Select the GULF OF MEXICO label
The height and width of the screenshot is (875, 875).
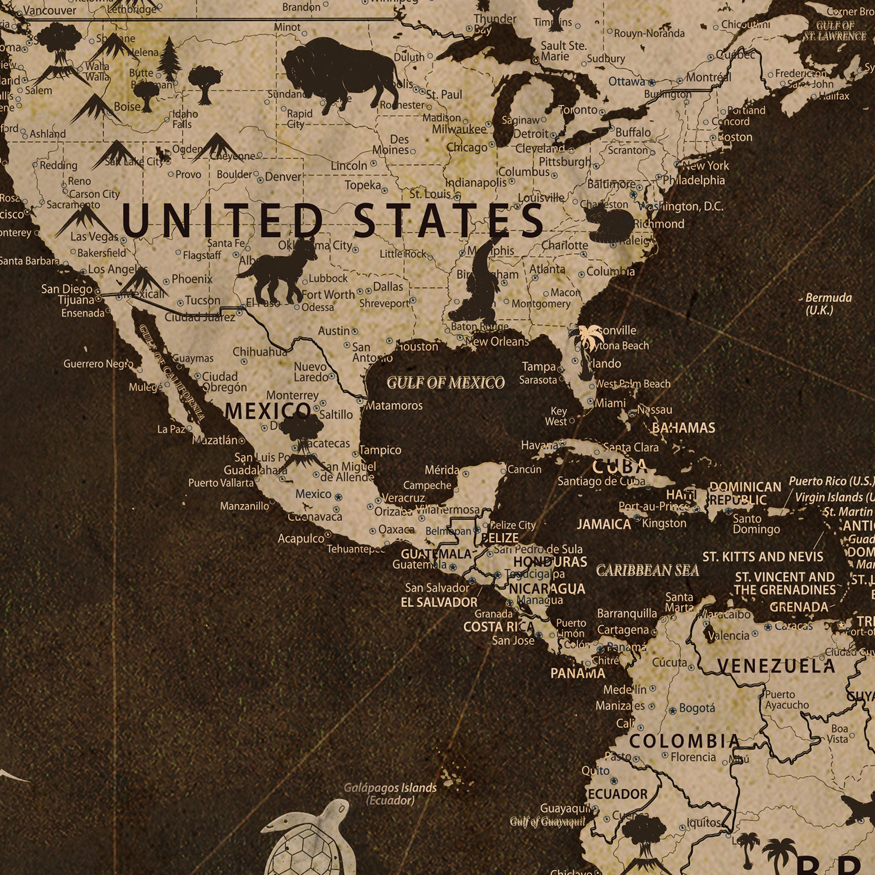[x=446, y=383]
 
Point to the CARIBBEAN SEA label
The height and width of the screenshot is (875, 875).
[x=647, y=570]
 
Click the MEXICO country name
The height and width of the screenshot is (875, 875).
[x=267, y=411]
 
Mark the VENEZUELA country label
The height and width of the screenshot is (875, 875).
[x=776, y=666]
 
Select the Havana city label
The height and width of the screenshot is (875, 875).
[x=539, y=446]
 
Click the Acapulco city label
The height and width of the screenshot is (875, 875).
[x=301, y=539]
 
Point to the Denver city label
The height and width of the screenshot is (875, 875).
[x=283, y=177]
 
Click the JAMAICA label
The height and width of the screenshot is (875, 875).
[x=603, y=525]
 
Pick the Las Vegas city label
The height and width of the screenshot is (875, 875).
[x=94, y=236]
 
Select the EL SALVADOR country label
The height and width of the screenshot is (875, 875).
[x=439, y=602]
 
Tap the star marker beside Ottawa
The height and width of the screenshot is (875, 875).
[x=651, y=83]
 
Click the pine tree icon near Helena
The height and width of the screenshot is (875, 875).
[x=169, y=59]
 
